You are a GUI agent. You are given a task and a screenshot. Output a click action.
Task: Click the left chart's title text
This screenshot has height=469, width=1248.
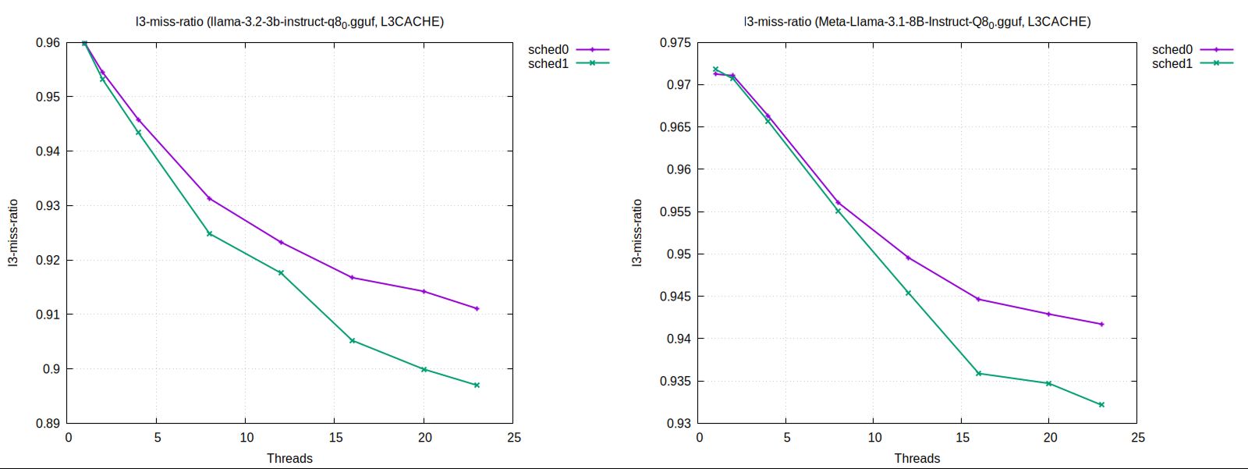click(x=289, y=22)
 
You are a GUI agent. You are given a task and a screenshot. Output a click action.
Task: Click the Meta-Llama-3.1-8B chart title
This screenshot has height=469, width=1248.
click(x=916, y=22)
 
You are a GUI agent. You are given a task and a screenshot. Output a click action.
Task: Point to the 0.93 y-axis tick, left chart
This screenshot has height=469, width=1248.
click(x=48, y=206)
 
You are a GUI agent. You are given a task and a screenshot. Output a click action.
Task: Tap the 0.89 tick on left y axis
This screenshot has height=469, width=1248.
click(x=48, y=424)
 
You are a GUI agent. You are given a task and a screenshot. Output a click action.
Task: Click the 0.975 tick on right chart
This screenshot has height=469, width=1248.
click(x=675, y=43)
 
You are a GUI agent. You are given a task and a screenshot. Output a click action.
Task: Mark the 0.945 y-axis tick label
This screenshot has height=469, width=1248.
click(x=675, y=297)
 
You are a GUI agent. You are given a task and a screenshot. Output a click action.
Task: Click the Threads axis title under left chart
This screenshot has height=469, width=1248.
click(x=289, y=459)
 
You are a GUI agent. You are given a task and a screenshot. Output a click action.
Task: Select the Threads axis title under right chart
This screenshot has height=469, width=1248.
click(x=916, y=459)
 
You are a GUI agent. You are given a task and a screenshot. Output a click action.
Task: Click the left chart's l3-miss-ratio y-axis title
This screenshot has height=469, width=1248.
click(x=13, y=233)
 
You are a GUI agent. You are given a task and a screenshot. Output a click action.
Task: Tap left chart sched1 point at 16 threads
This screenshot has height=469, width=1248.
click(x=353, y=340)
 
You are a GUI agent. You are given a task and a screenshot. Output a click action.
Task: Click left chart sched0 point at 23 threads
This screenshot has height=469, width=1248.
click(x=477, y=308)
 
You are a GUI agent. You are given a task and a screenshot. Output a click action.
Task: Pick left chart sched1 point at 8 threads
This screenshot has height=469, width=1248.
click(x=209, y=233)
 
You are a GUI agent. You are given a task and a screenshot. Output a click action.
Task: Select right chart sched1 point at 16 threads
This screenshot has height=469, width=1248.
click(x=978, y=373)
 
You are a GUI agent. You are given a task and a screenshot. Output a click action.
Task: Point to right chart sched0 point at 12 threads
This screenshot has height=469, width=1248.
click(x=908, y=258)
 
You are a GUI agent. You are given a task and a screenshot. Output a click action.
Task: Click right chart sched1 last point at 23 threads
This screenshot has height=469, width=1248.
click(x=1101, y=404)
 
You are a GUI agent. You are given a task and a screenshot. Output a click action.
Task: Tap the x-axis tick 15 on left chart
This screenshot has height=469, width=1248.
click(x=335, y=438)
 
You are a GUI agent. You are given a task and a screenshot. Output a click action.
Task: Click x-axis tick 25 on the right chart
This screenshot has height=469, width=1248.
click(x=1138, y=438)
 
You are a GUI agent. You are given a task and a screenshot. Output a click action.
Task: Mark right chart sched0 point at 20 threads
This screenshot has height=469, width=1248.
click(x=1048, y=314)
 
